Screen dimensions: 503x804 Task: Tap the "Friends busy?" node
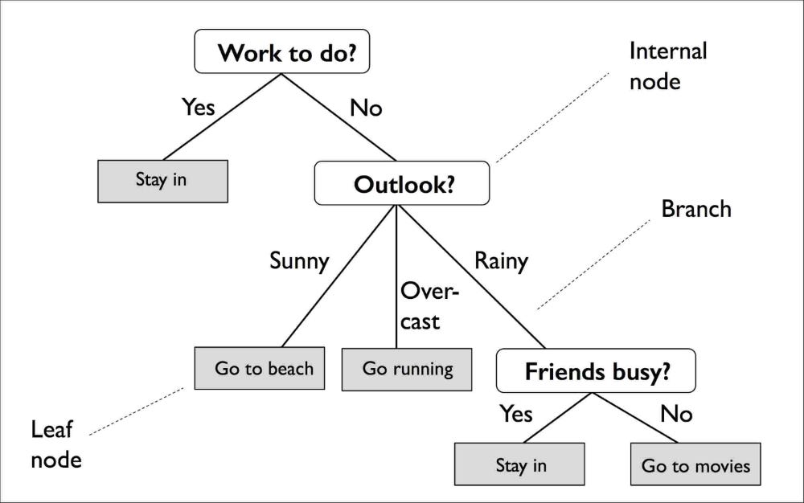tap(596, 370)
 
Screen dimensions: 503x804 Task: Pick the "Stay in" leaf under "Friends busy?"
tap(520, 465)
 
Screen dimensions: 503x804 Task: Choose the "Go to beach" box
tap(260, 368)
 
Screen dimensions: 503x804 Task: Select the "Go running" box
tap(408, 369)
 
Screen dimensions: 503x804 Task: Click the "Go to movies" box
tap(695, 465)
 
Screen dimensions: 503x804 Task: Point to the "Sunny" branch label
tap(299, 261)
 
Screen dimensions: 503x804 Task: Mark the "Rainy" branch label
tap(501, 261)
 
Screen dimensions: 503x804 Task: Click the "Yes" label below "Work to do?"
tap(198, 106)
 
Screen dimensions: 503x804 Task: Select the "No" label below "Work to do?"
tap(366, 107)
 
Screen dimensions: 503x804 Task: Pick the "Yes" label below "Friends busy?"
tap(515, 414)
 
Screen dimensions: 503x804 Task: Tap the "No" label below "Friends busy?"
tap(676, 414)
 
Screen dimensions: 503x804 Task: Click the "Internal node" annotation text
tap(667, 66)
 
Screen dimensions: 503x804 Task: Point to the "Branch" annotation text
tap(696, 209)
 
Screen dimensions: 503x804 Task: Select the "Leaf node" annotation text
tap(56, 444)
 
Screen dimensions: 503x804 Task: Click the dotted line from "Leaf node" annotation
tap(137, 411)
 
